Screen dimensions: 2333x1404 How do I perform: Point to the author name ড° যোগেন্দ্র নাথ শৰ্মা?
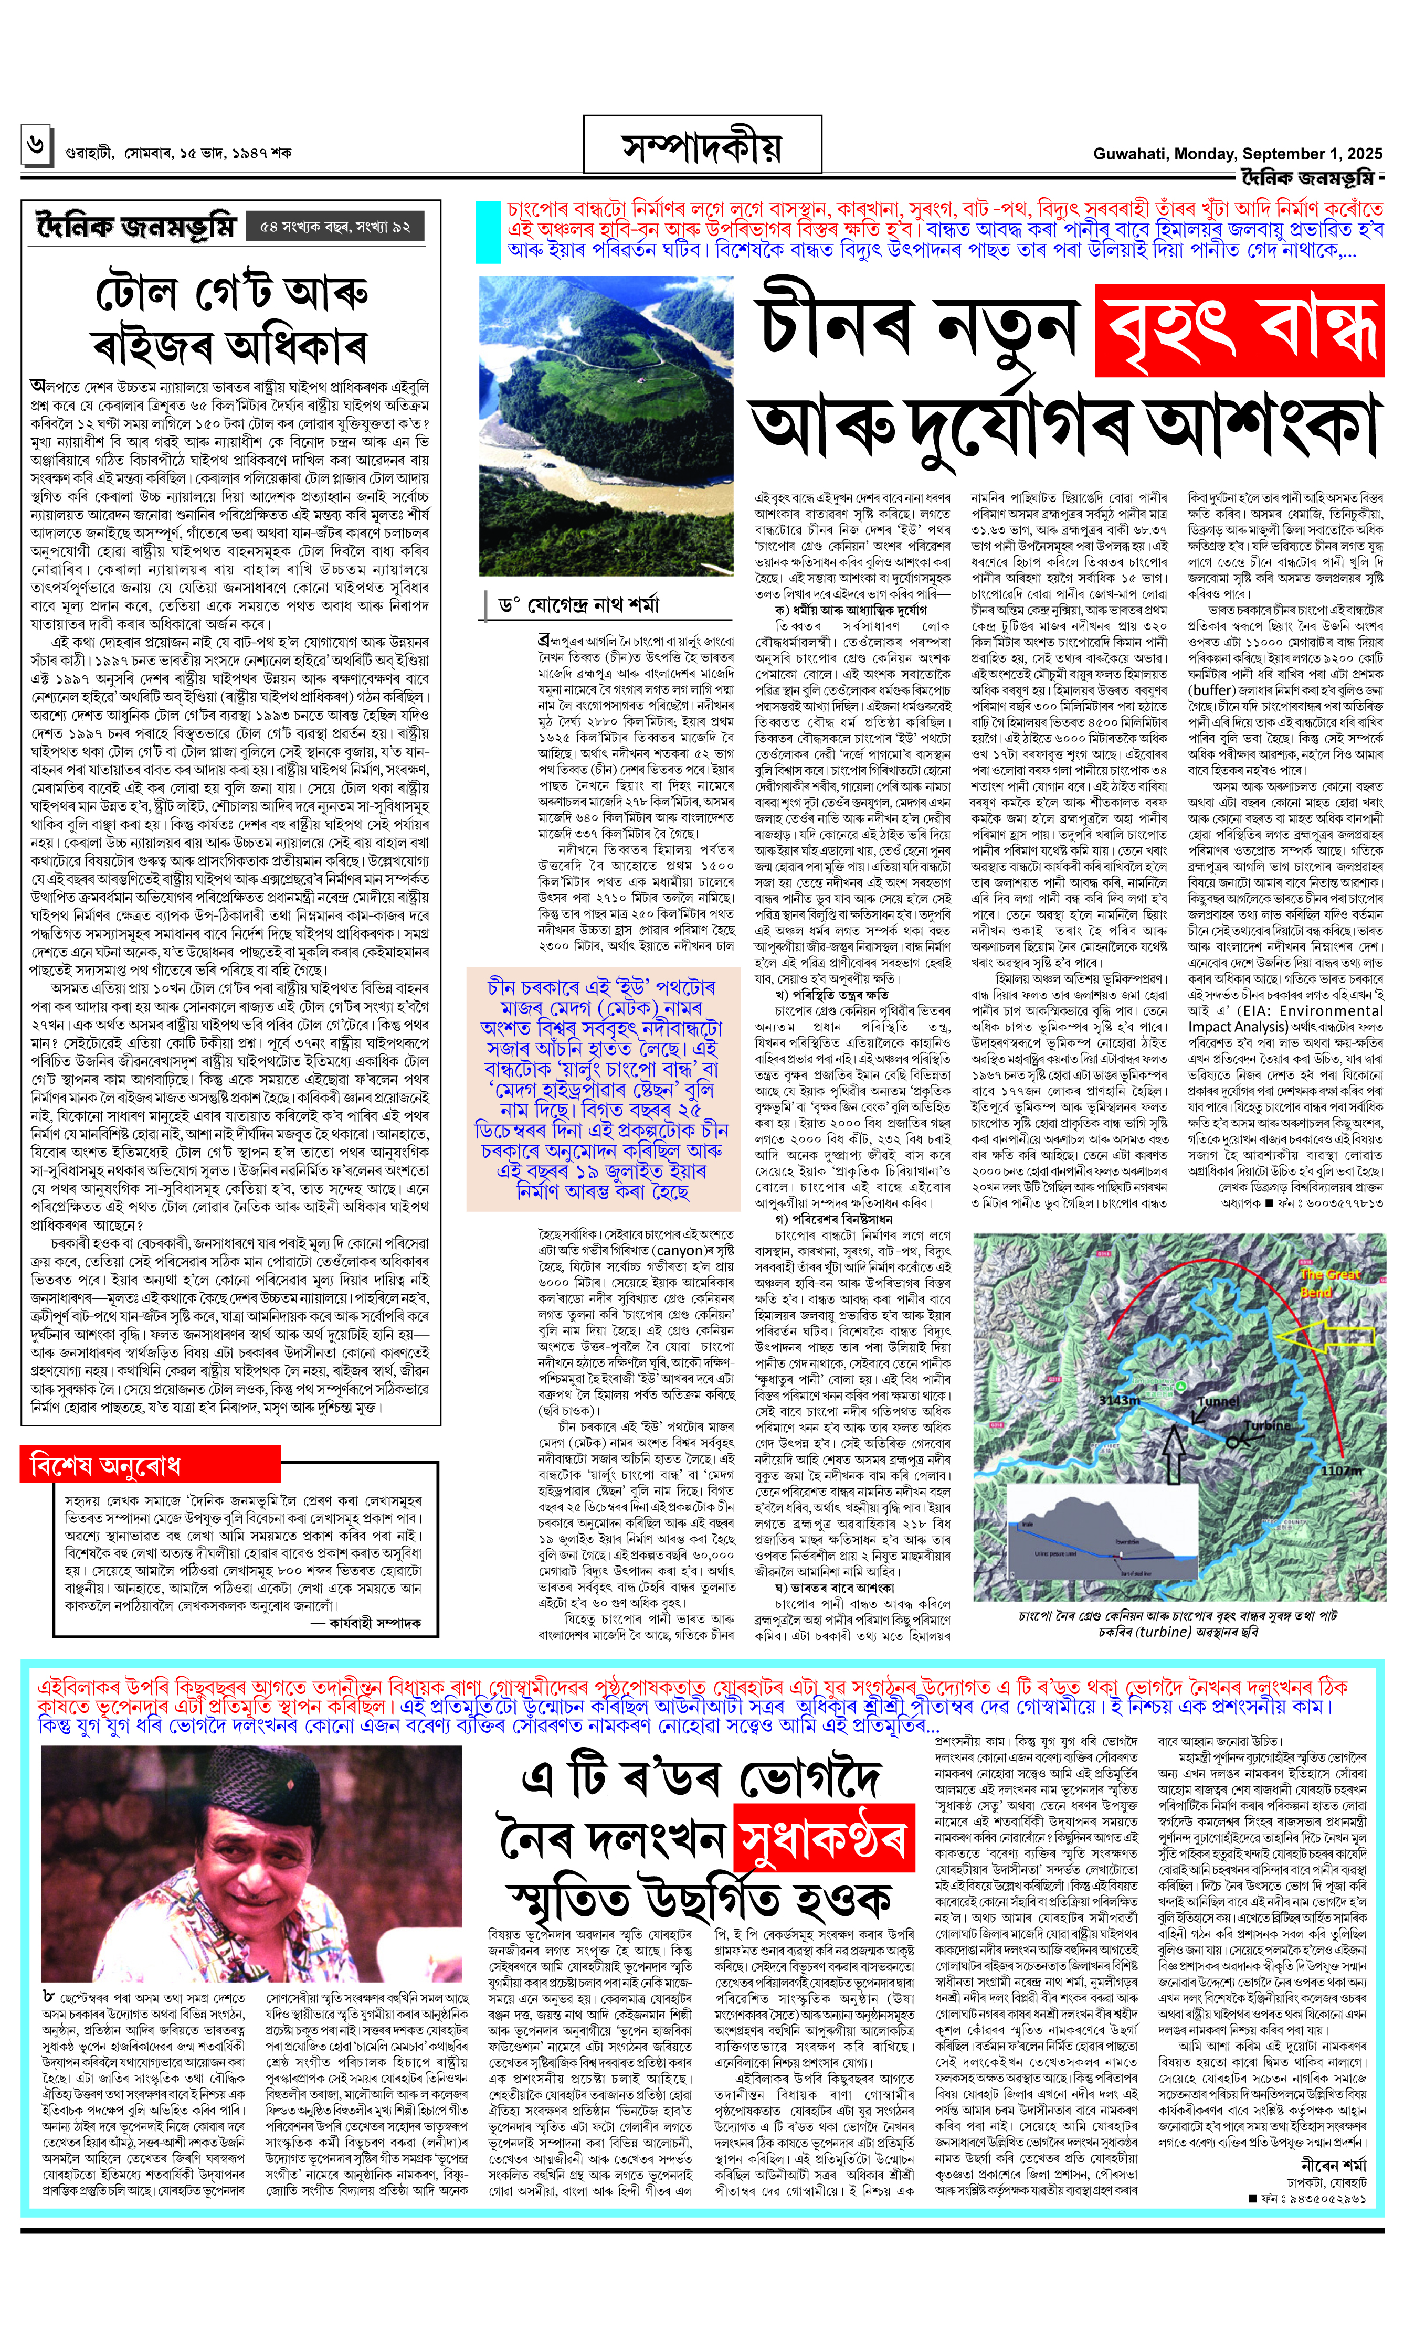coord(577,605)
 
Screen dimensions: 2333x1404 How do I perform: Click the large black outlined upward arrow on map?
coord(1173,1454)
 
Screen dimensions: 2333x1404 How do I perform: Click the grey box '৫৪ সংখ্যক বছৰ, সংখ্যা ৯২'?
coord(334,227)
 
